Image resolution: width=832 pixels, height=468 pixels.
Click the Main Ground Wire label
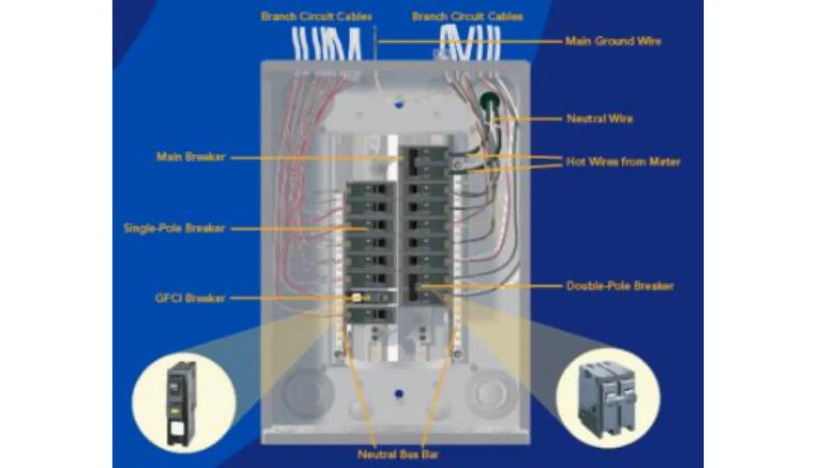click(613, 41)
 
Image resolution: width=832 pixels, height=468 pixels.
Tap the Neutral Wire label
click(600, 119)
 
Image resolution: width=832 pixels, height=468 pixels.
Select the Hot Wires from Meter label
click(623, 162)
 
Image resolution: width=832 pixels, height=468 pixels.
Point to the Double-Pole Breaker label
click(620, 286)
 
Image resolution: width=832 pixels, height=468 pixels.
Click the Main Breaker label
click(191, 157)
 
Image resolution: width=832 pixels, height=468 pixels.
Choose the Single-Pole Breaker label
click(174, 228)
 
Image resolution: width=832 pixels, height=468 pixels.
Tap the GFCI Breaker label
click(190, 298)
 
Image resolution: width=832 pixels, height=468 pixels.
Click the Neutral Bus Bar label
click(398, 454)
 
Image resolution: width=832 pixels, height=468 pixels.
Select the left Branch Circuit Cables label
click(316, 17)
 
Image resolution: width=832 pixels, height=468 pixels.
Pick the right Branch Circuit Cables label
click(467, 17)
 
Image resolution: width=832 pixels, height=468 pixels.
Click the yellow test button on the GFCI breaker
click(357, 298)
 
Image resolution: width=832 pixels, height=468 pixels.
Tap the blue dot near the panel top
click(399, 104)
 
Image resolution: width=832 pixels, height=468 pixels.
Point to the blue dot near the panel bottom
click(399, 394)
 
